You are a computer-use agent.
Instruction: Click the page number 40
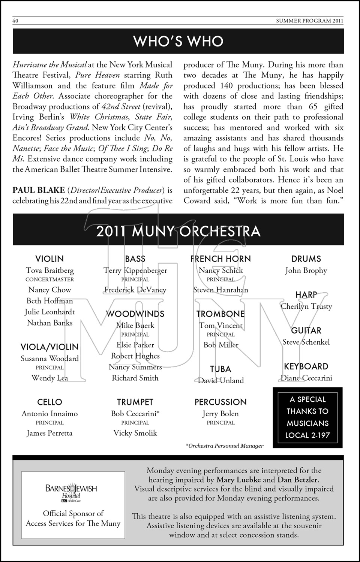coord(15,21)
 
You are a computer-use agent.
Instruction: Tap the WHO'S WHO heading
coord(178,41)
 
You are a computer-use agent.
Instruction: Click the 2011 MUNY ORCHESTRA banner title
coord(178,231)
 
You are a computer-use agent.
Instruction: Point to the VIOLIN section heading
coord(49,259)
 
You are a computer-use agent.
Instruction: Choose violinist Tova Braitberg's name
coord(49,271)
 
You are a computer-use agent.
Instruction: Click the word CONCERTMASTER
coord(49,280)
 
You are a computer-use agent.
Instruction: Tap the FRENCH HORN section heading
coord(220,259)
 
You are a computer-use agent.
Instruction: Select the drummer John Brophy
coord(306,271)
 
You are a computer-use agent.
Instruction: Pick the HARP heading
coord(306,295)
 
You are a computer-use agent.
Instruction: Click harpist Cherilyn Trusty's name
coord(306,306)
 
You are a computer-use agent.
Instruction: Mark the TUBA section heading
coord(220,369)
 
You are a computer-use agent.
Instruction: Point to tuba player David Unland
coord(220,381)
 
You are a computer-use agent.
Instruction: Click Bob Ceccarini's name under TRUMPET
coord(135,414)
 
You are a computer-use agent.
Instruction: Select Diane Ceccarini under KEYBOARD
coord(306,378)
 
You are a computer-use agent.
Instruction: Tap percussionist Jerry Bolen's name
coord(220,414)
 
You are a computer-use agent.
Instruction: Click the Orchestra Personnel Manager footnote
coord(224,446)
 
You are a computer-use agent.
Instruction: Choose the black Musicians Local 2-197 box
coord(307,417)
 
